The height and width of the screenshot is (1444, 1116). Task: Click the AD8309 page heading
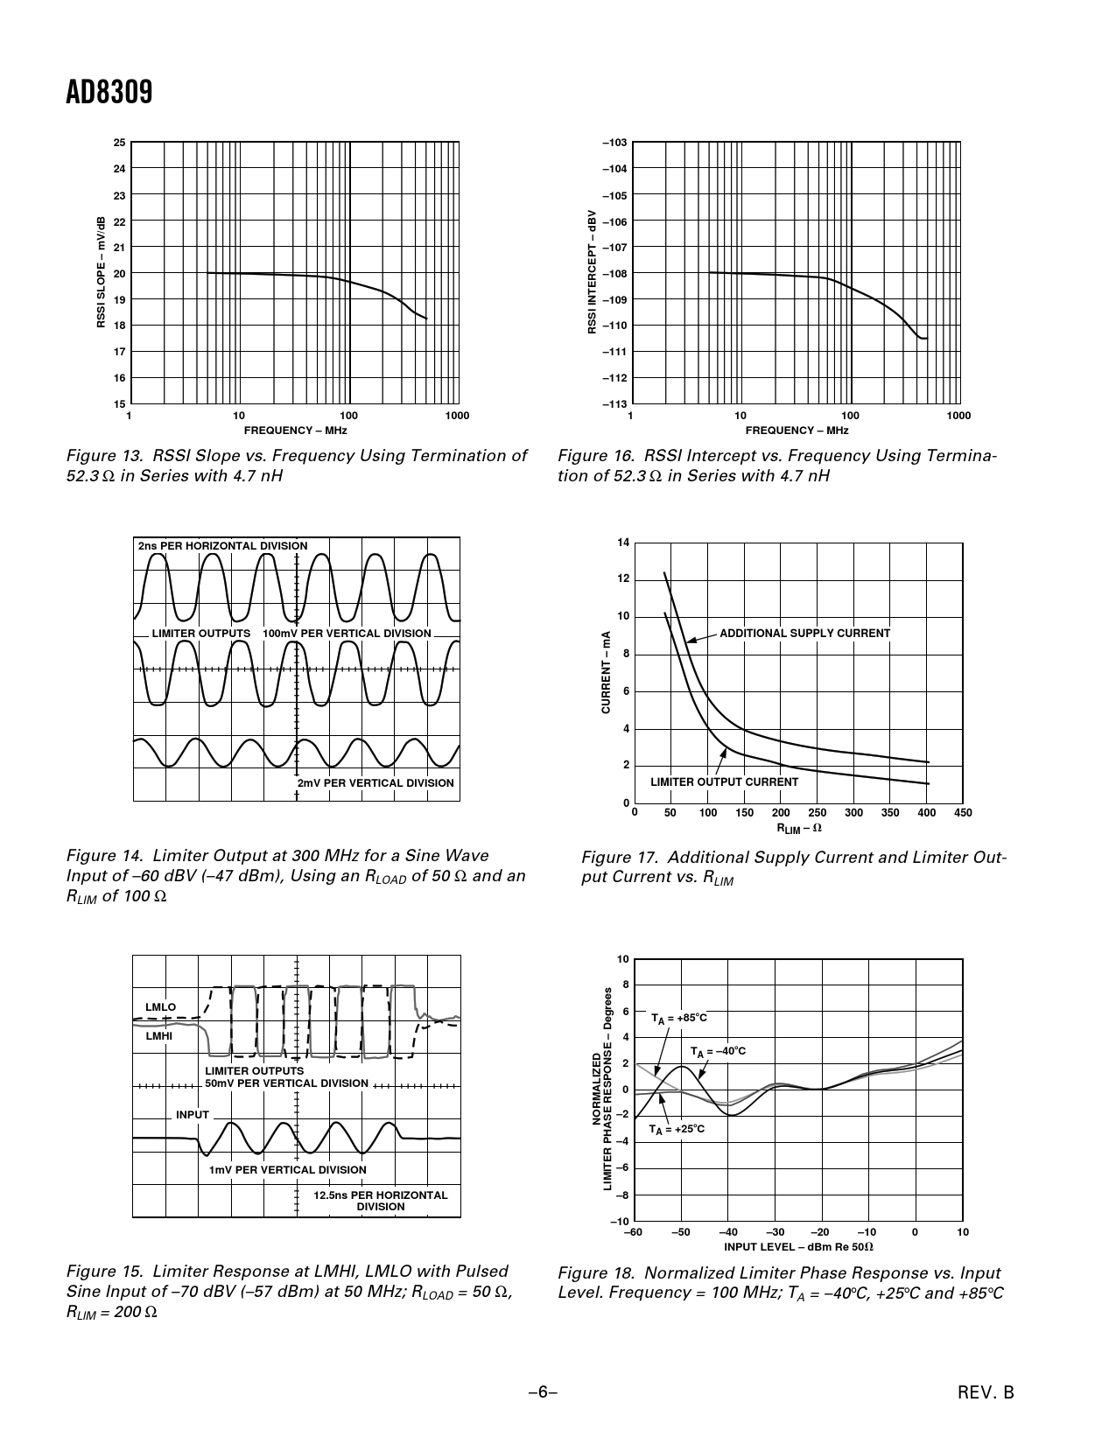tap(109, 92)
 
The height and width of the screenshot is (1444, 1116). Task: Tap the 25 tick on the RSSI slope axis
tap(119, 143)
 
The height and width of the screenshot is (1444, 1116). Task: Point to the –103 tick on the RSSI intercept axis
tap(614, 143)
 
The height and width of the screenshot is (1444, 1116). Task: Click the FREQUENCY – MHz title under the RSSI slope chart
tap(295, 431)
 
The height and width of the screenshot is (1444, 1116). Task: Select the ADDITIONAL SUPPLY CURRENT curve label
tap(804, 634)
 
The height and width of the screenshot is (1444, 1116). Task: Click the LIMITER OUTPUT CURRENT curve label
tap(724, 782)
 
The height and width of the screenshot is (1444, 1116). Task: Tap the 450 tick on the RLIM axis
tap(963, 813)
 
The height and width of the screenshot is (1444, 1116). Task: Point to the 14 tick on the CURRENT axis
tap(623, 543)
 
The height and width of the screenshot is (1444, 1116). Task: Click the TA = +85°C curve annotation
tap(678, 1019)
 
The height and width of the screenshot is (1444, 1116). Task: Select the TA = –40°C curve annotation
tap(718, 1051)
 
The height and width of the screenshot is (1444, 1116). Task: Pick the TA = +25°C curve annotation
tap(677, 1130)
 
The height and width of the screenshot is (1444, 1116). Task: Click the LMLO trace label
tap(160, 1007)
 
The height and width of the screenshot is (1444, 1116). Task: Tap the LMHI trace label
tap(159, 1036)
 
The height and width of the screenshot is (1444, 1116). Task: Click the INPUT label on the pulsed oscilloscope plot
tap(193, 1115)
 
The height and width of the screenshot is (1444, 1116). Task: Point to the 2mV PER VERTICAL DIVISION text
tap(376, 783)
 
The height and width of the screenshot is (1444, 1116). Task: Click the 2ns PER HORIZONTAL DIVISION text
tap(223, 546)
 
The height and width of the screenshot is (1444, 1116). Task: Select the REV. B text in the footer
tap(985, 1392)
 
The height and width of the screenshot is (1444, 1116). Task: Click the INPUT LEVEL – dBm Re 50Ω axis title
tap(798, 1246)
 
